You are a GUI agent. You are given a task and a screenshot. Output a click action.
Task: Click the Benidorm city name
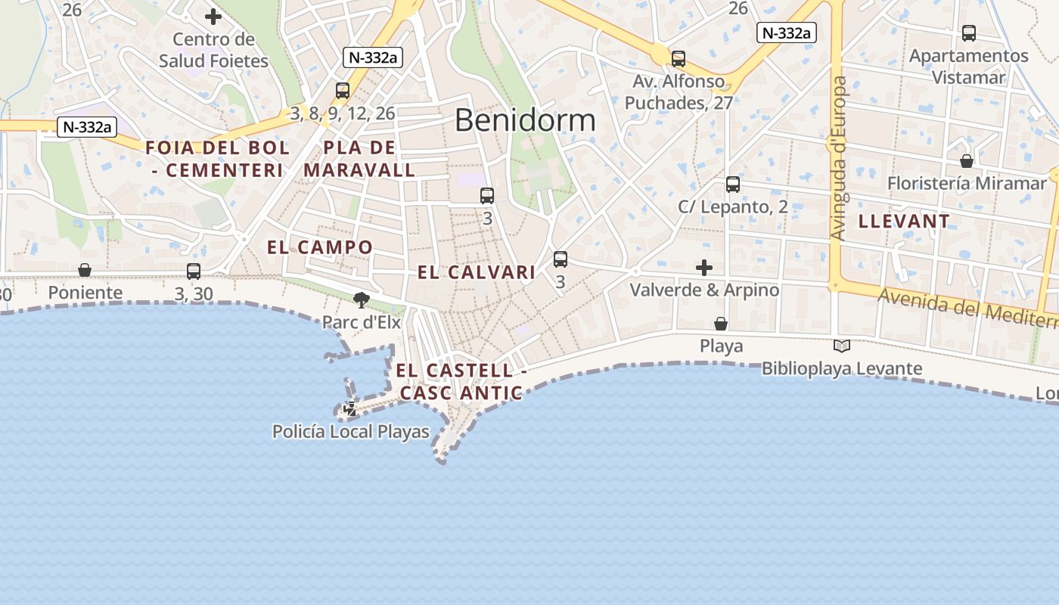coord(525,120)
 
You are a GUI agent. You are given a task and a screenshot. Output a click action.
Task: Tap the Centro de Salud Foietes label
coord(213,50)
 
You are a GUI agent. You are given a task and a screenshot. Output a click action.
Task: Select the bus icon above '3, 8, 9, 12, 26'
coord(343,91)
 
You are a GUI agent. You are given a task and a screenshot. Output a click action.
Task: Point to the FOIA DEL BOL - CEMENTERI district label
coord(217,159)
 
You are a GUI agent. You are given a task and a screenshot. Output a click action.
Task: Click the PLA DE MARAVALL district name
coord(359,159)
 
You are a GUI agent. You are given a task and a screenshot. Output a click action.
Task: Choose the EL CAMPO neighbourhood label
coord(320,247)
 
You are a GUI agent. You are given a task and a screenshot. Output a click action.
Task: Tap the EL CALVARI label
coord(477,272)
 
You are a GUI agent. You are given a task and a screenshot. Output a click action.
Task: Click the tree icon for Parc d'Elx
coord(362,300)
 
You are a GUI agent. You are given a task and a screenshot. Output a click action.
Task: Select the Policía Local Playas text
coord(351,432)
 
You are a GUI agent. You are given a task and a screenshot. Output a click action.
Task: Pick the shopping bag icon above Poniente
coord(85,270)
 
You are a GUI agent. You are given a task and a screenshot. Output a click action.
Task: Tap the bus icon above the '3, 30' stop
coord(194,271)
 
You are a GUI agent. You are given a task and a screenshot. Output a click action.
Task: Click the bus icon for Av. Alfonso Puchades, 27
coord(679,58)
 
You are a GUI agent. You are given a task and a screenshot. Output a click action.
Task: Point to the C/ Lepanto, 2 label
coord(732,206)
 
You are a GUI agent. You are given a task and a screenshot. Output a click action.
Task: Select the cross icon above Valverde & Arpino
coord(704,268)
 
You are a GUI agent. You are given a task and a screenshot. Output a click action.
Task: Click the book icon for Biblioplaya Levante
coord(841,346)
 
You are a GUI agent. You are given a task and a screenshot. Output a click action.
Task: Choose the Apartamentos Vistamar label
coord(969,67)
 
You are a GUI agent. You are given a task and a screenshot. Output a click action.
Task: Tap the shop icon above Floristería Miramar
coord(966,161)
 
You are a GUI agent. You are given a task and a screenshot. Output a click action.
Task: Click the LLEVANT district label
coord(904,222)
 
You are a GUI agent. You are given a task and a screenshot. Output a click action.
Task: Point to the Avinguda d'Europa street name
coord(838,159)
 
